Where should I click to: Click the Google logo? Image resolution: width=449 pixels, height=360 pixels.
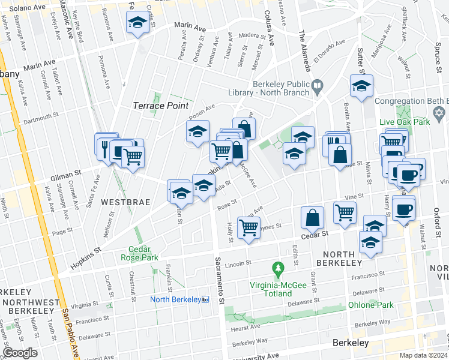click(x=19, y=353)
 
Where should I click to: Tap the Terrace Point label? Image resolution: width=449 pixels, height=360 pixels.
click(x=157, y=106)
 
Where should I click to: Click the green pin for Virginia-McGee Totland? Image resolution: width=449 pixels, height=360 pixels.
click(x=277, y=266)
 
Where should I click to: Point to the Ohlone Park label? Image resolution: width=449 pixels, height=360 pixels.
click(x=371, y=305)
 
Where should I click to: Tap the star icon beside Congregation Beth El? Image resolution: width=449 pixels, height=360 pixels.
click(x=439, y=112)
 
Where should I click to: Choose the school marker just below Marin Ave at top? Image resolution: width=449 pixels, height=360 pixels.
click(x=137, y=23)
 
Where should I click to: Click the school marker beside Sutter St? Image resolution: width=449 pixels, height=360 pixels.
click(x=362, y=86)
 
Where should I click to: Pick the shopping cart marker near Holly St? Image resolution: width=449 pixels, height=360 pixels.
click(x=249, y=228)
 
